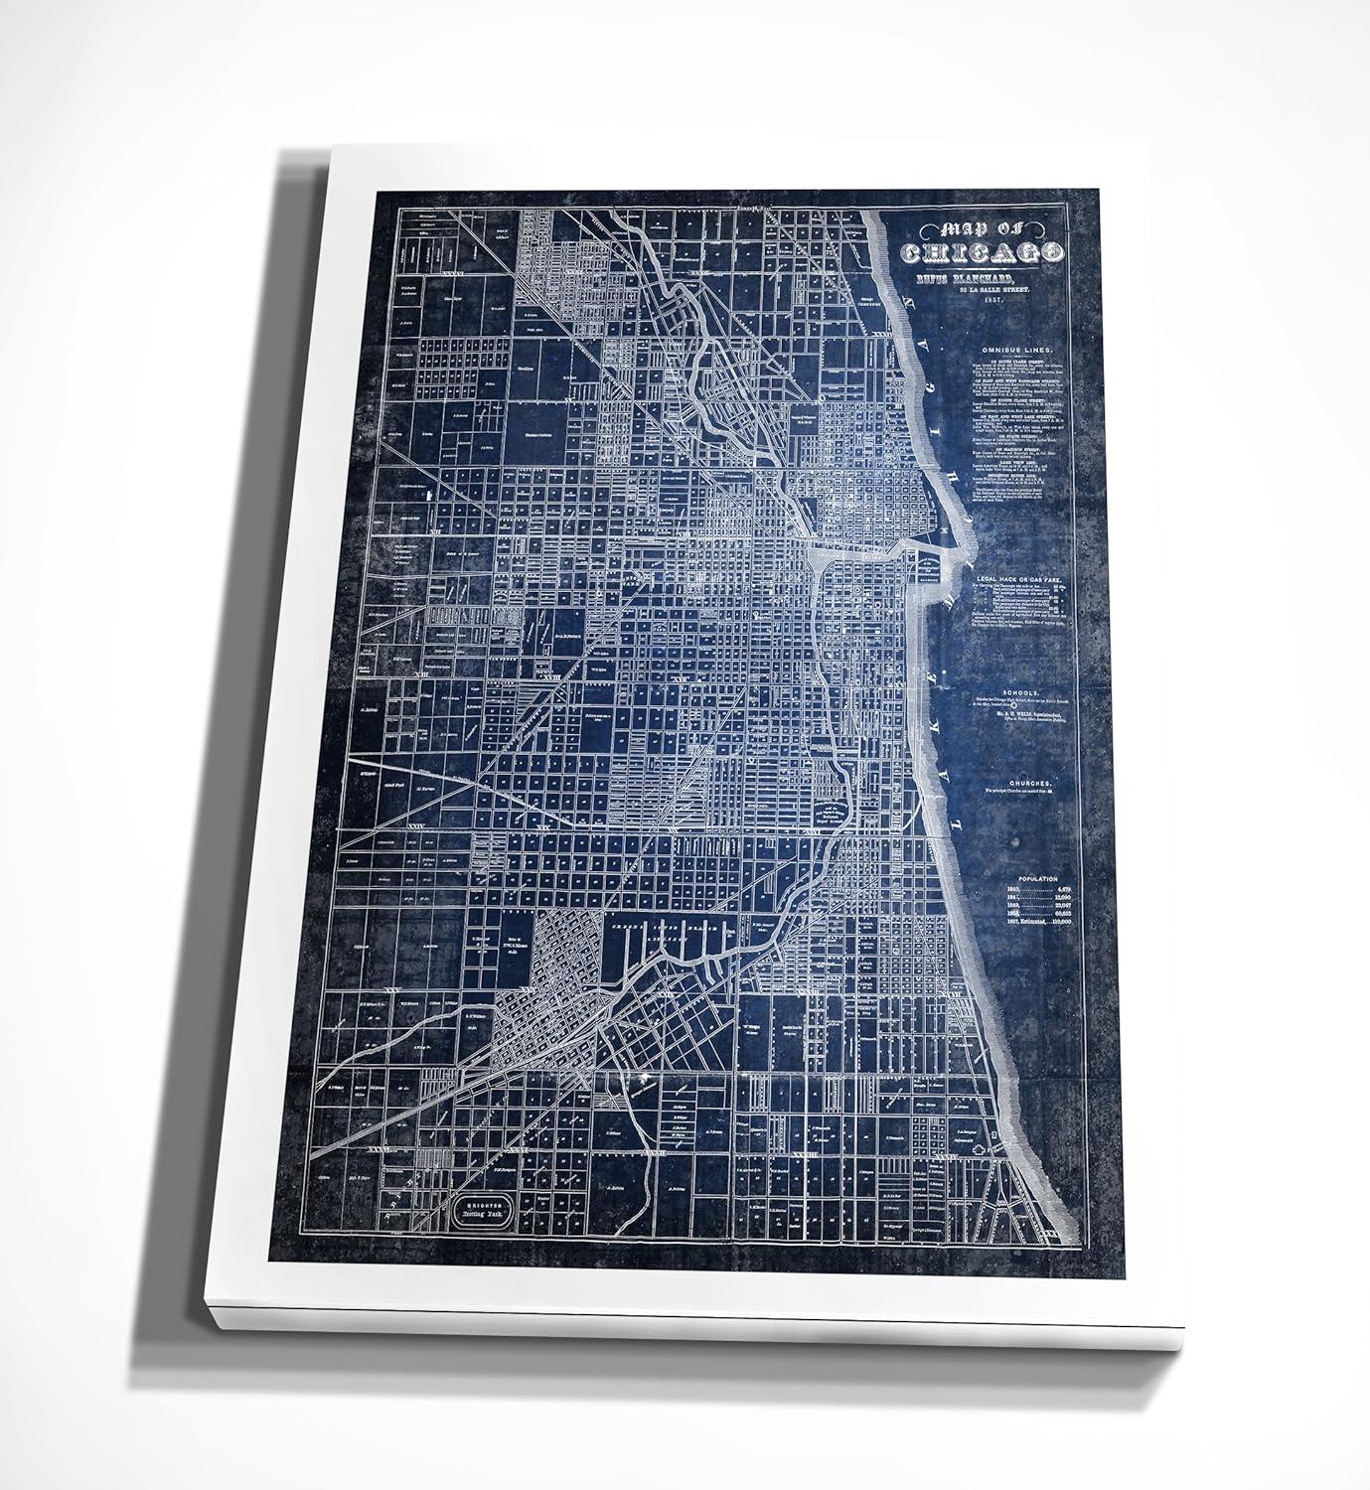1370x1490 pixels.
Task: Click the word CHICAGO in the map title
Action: (983, 254)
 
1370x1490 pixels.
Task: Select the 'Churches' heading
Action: (1027, 782)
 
